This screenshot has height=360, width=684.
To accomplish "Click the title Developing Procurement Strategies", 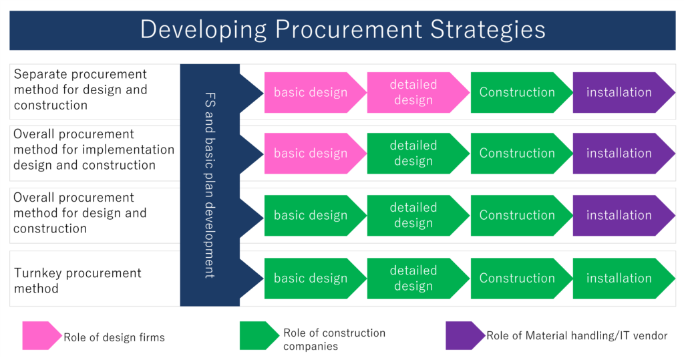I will (342, 30).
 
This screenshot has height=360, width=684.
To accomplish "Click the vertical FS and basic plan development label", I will (209, 185).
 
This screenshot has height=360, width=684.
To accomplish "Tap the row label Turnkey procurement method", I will (77, 281).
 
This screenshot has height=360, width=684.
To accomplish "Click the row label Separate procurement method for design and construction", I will (80, 89).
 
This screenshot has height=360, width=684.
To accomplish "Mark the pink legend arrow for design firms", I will (41, 335).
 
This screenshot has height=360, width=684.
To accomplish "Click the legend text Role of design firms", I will (114, 337).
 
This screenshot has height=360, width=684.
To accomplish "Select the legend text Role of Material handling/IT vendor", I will (576, 336).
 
